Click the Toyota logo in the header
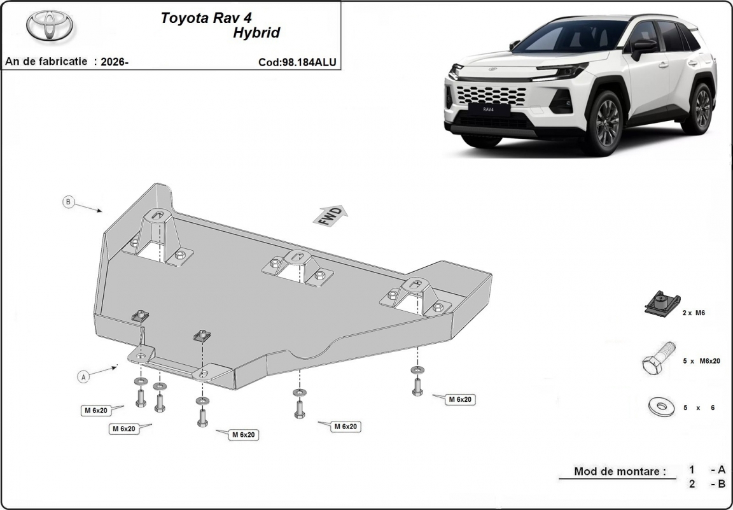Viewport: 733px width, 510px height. [x=49, y=27]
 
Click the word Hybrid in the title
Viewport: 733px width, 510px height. [x=256, y=32]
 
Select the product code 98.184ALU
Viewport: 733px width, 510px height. [x=309, y=62]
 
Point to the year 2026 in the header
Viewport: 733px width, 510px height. [x=113, y=62]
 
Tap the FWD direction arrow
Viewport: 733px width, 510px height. [x=331, y=216]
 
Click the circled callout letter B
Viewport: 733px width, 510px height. [x=69, y=202]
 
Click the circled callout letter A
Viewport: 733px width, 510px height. [x=83, y=377]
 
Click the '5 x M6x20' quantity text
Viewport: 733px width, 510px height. [x=701, y=361]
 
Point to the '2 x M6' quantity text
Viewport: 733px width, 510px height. [x=694, y=313]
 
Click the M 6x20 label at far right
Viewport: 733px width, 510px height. [x=461, y=400]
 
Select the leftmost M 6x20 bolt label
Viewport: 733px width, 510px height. [x=96, y=410]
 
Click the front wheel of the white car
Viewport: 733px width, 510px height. [x=604, y=124]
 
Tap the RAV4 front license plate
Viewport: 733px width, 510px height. [x=489, y=109]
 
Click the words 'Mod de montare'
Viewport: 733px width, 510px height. [x=620, y=471]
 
